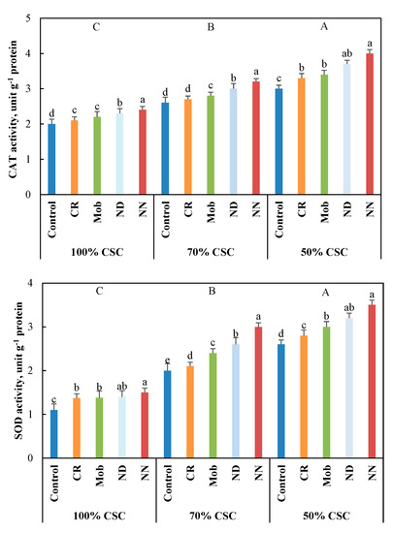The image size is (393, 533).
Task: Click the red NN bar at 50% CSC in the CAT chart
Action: (x=370, y=124)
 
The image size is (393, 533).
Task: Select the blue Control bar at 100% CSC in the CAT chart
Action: (x=51, y=159)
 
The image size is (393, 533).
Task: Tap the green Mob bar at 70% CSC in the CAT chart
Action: (x=211, y=144)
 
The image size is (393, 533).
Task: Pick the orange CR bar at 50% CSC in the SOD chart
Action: (x=304, y=396)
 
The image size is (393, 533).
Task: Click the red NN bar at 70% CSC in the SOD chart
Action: (x=258, y=392)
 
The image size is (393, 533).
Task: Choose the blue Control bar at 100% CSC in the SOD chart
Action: (x=53, y=434)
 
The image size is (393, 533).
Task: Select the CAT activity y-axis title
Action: (x=13, y=110)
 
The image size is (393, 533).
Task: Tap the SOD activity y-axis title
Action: (x=18, y=370)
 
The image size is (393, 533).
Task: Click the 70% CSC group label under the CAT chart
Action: (x=211, y=252)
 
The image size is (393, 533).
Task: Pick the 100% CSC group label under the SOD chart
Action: (x=99, y=516)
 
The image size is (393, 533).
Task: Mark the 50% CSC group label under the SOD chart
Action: (x=326, y=516)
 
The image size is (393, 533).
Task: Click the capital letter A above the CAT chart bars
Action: (x=324, y=26)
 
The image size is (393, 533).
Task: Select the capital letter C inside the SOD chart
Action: (x=99, y=292)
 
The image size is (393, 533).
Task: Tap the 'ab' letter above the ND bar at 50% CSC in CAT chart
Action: (x=346, y=53)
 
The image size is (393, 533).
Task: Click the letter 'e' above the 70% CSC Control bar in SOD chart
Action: (x=167, y=361)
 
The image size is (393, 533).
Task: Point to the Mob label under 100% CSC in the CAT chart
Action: (x=97, y=212)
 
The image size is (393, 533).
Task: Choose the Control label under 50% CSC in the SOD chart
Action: (x=281, y=484)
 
